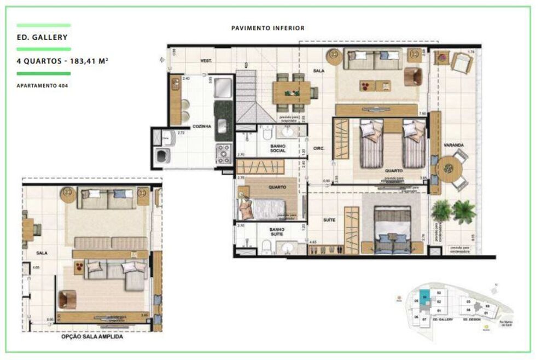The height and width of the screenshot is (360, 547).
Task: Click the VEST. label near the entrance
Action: click(207, 60)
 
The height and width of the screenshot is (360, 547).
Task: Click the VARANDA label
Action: click(453, 145)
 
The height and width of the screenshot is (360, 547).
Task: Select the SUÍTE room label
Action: click(329, 220)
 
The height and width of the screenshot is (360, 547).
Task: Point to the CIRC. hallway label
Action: click(319, 148)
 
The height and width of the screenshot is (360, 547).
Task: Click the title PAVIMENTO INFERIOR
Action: click(267, 28)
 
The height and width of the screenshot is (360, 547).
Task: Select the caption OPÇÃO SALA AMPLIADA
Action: click(92, 337)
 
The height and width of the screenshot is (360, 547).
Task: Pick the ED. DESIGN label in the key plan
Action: click(472, 319)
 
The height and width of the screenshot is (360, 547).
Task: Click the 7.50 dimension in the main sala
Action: click(421, 113)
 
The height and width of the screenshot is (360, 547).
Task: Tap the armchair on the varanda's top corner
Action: click(461, 62)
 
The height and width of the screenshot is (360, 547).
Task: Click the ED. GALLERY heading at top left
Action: click(42, 38)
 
